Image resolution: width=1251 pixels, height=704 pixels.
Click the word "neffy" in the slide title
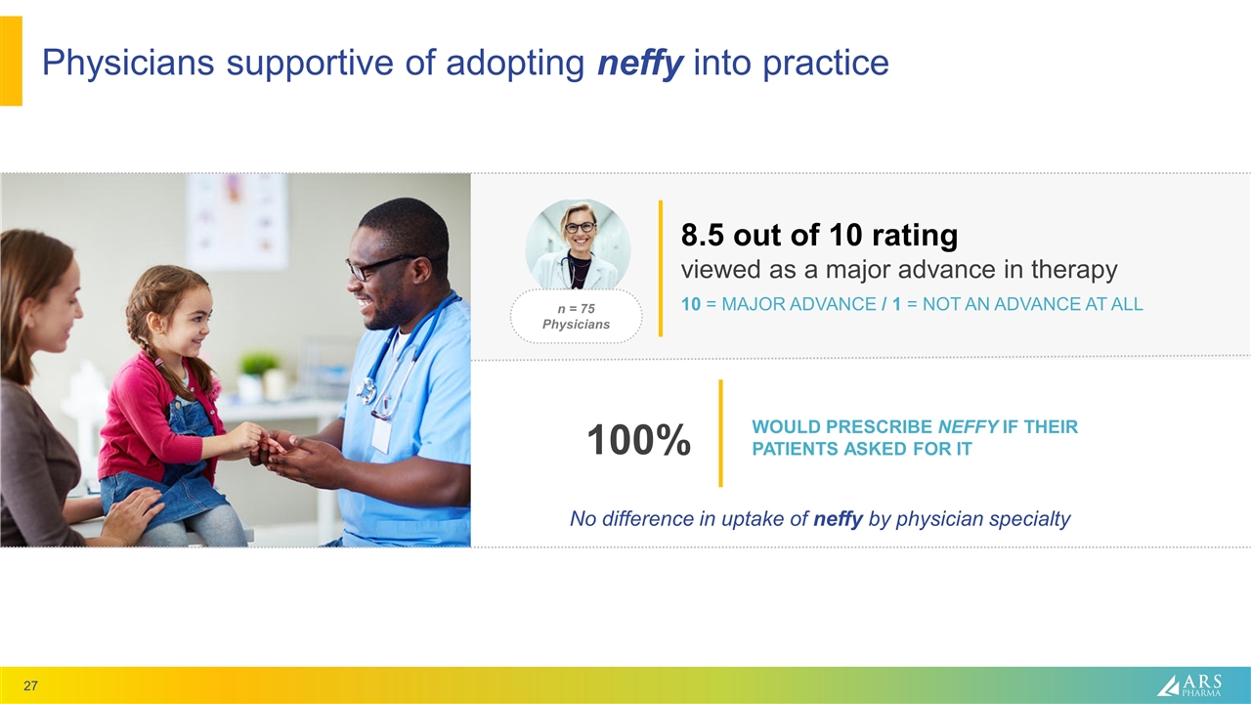click(640, 62)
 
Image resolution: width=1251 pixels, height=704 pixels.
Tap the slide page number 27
click(30, 685)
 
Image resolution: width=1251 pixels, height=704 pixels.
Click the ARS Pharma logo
click(1189, 685)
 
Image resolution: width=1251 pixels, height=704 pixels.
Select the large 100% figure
click(639, 440)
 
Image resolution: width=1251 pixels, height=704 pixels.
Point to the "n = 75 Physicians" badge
click(577, 316)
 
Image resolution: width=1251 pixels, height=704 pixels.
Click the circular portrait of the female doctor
click(578, 244)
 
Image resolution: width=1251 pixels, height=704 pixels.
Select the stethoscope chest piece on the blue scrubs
click(366, 390)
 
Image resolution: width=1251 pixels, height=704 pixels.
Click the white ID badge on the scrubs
click(381, 436)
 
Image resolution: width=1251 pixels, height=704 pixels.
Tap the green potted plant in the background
click(259, 363)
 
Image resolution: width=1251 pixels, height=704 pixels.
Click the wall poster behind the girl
click(237, 221)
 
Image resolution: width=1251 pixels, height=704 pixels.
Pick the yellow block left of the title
click(11, 61)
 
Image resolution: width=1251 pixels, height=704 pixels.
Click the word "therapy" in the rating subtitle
click(1074, 270)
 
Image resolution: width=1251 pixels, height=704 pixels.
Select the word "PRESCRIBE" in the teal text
click(878, 427)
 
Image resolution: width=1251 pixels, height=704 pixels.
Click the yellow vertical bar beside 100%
click(720, 433)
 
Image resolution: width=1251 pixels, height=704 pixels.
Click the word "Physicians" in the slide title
click(128, 62)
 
